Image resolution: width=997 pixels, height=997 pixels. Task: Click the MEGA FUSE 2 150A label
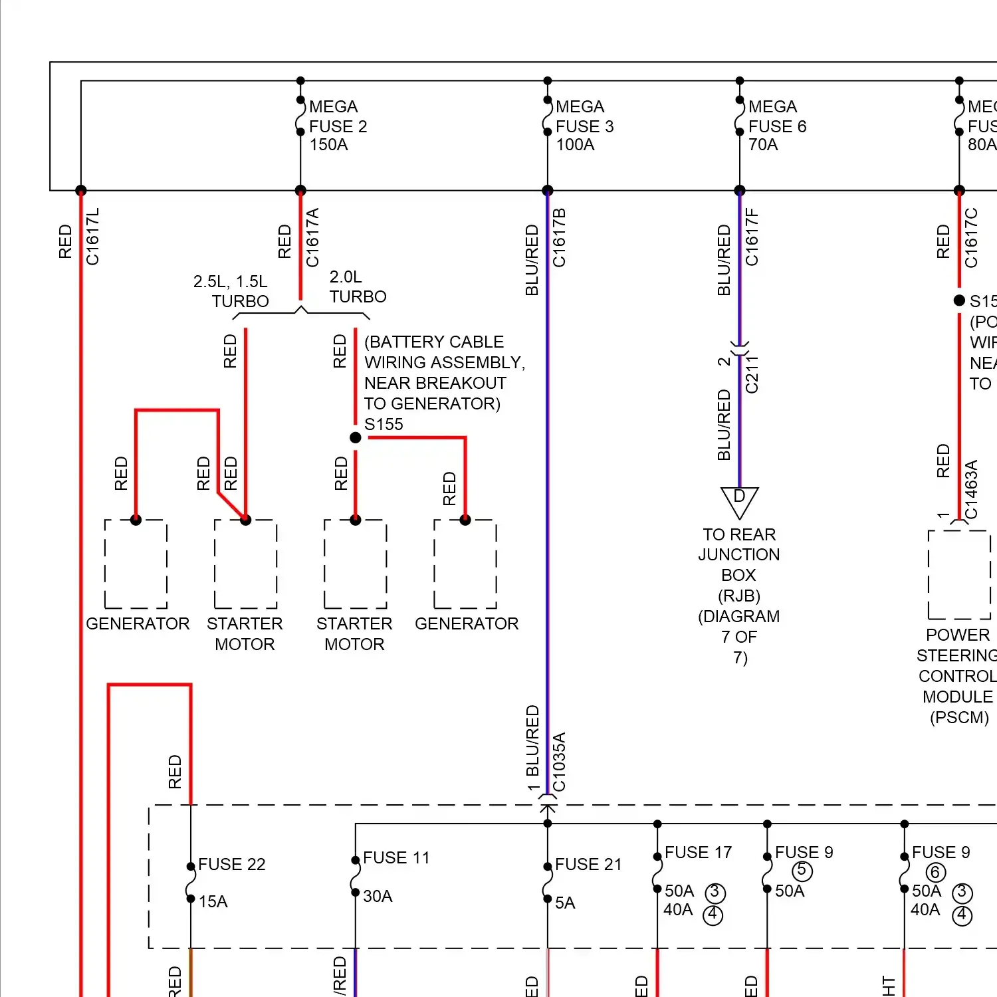[338, 126]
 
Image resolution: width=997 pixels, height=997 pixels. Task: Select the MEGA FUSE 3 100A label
[584, 126]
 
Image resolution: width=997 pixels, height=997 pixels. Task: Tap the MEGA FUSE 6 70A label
[776, 126]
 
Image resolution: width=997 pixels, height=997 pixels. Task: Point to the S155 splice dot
[356, 437]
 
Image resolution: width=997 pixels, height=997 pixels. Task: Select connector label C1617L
[92, 236]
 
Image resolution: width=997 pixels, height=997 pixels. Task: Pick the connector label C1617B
[560, 237]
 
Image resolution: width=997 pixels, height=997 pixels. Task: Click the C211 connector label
[752, 374]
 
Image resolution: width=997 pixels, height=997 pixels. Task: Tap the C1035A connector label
[560, 762]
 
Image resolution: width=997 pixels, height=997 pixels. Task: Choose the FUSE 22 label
[231, 864]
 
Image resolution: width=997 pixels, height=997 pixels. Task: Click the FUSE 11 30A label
[395, 876]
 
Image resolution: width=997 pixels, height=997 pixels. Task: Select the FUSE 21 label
[588, 864]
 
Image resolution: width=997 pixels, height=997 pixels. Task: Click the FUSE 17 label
[698, 852]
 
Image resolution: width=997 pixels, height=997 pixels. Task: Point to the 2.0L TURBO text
[358, 286]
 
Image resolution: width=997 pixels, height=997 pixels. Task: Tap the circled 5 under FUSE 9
[802, 870]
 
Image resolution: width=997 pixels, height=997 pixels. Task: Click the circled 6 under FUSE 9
[935, 872]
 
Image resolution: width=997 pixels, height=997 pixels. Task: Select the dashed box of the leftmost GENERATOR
[136, 564]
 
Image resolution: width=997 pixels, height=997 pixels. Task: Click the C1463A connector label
[971, 489]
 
